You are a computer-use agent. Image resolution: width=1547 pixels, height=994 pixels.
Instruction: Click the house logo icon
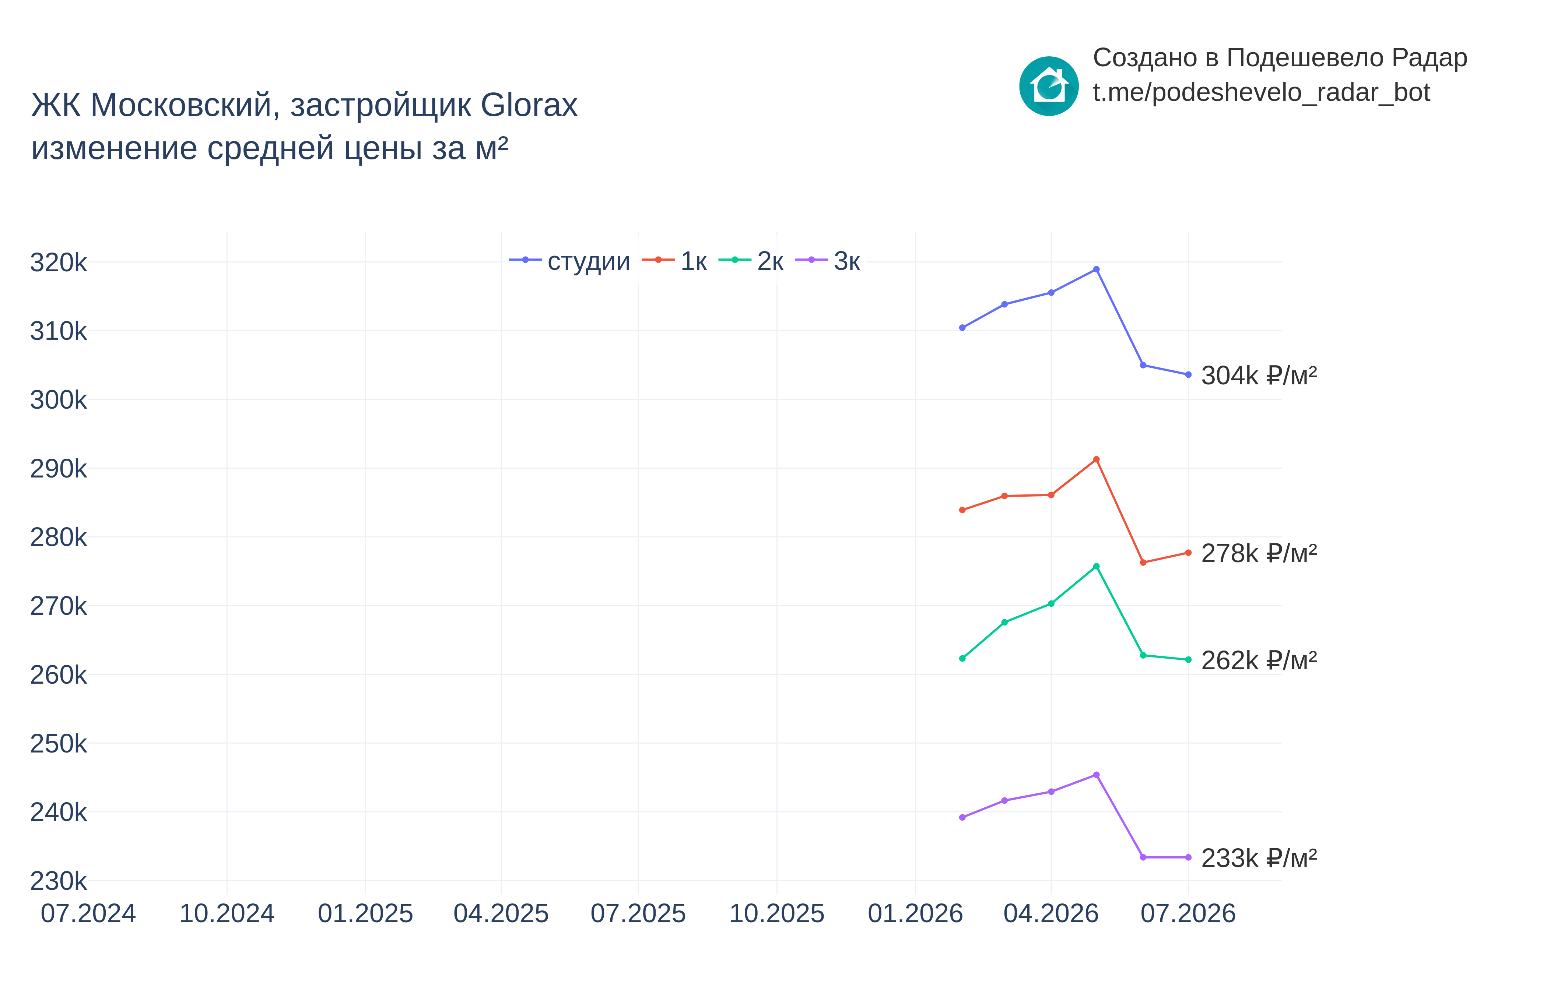point(1049,86)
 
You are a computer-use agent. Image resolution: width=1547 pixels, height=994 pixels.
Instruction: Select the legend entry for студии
point(569,261)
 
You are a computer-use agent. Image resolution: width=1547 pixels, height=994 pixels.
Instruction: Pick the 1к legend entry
point(675,261)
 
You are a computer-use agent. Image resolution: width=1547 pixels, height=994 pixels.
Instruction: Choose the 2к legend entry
point(751,261)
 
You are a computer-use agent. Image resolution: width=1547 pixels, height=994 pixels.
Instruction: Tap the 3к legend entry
point(828,261)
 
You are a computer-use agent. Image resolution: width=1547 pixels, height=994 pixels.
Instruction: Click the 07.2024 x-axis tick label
point(88,913)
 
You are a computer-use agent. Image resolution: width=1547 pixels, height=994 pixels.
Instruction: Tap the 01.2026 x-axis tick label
point(916,913)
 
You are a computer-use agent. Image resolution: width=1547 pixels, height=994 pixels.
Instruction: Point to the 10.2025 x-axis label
point(777,913)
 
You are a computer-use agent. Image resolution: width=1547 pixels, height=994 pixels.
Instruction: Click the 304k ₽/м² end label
point(1259,375)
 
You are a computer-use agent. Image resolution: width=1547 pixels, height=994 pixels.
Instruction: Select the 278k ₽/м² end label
point(1259,553)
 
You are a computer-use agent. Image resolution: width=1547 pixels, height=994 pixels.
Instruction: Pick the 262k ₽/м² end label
point(1259,660)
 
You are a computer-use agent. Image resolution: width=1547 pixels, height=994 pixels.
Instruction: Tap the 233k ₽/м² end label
point(1259,858)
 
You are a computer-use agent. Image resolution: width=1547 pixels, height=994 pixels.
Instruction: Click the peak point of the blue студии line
point(1096,269)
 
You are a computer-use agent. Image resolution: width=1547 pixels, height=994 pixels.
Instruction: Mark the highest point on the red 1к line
point(1096,459)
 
